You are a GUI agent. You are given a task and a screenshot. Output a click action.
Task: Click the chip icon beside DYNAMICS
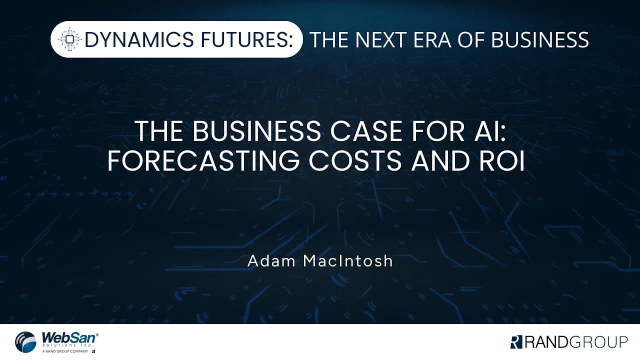(69, 39)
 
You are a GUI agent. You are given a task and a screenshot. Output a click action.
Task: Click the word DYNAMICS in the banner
(139, 39)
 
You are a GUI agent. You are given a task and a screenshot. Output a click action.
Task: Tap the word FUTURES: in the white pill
(247, 39)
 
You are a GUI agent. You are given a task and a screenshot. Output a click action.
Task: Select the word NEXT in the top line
(381, 39)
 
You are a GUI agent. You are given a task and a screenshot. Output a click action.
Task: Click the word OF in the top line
(471, 39)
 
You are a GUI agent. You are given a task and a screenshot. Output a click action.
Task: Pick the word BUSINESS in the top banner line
(540, 39)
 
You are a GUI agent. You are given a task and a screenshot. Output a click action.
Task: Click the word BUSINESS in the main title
(257, 131)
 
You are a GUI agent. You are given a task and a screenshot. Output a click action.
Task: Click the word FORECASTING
(203, 161)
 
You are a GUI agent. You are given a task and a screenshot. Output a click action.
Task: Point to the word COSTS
(355, 161)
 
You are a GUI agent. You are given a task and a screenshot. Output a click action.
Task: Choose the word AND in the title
(440, 161)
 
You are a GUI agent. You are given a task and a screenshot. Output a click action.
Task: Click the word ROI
(501, 161)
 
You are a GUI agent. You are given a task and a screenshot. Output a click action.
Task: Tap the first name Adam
(271, 261)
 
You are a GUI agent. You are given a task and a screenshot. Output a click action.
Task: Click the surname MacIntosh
(348, 261)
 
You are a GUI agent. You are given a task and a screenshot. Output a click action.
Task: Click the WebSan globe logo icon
(25, 342)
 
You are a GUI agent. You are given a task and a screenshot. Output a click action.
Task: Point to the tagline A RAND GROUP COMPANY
(65, 351)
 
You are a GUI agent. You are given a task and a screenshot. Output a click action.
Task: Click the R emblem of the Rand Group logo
(516, 342)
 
